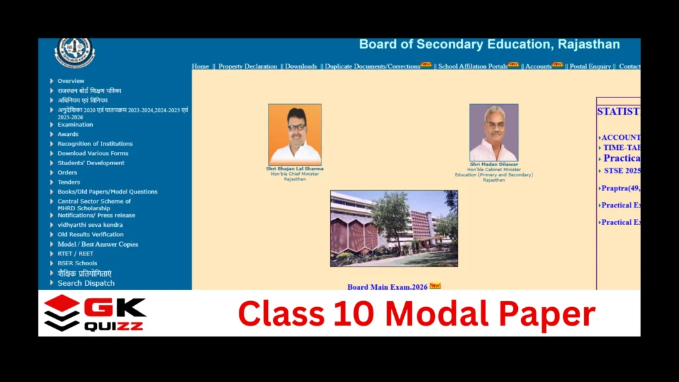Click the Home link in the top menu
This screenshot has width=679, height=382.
200,66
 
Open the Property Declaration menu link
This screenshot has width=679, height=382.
247,66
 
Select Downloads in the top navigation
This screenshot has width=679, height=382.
301,66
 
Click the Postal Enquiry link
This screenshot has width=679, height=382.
591,66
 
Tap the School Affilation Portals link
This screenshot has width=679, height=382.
472,66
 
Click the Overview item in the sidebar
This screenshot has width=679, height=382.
70,81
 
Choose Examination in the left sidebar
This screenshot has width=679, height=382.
75,125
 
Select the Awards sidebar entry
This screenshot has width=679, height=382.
68,134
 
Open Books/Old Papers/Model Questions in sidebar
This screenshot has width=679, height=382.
107,192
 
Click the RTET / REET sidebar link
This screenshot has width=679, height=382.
75,253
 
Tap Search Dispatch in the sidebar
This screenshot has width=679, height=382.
86,283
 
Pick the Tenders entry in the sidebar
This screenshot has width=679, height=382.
68,182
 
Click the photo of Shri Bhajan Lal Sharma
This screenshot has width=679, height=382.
294,135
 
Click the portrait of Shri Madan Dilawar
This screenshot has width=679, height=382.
493,133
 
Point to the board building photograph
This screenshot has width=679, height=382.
394,228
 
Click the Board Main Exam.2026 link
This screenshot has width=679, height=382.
388,287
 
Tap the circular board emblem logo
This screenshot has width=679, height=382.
74,52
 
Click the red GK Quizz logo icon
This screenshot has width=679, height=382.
62,313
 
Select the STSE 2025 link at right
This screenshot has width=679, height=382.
621,170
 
